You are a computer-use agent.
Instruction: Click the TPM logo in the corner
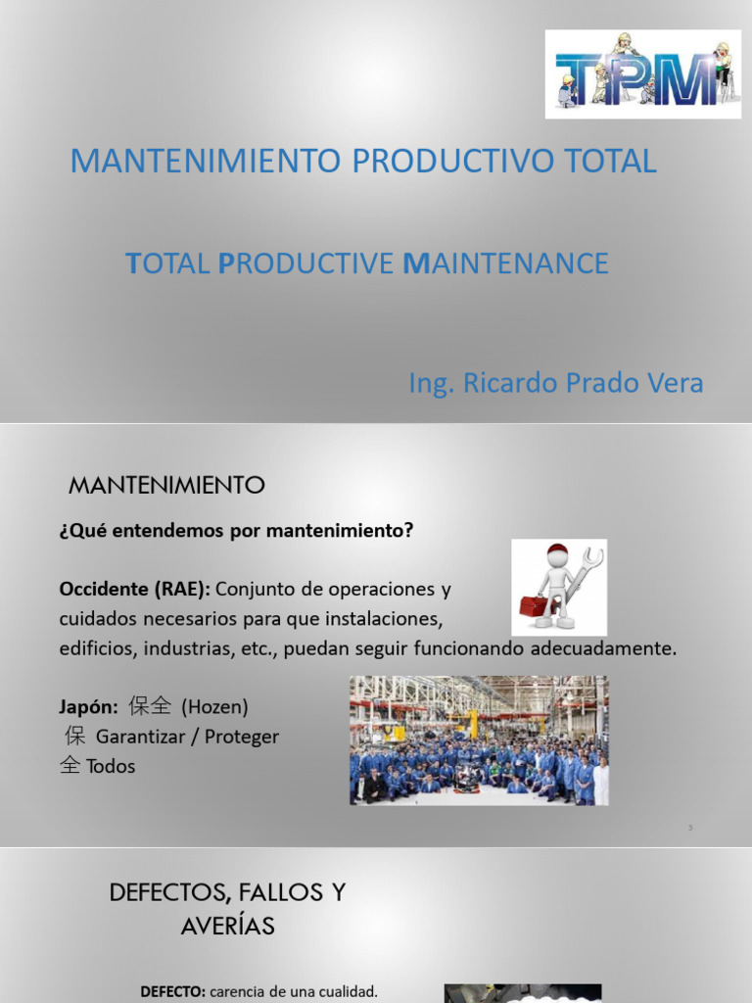coord(642,73)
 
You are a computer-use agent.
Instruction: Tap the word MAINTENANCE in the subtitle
coord(505,263)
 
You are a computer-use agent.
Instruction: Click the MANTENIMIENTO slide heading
coord(167,484)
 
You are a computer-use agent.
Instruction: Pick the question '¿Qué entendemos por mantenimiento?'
coord(236,531)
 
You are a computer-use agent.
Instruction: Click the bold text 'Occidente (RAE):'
coord(134,590)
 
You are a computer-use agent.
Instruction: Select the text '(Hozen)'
coord(214,706)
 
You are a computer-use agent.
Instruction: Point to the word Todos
coord(111,766)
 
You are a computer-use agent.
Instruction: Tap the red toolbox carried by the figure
coord(535,603)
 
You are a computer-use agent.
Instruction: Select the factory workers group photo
coord(479,740)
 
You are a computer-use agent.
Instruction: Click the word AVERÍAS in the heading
coord(227,925)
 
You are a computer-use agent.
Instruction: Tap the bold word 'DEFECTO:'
coord(172,991)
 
